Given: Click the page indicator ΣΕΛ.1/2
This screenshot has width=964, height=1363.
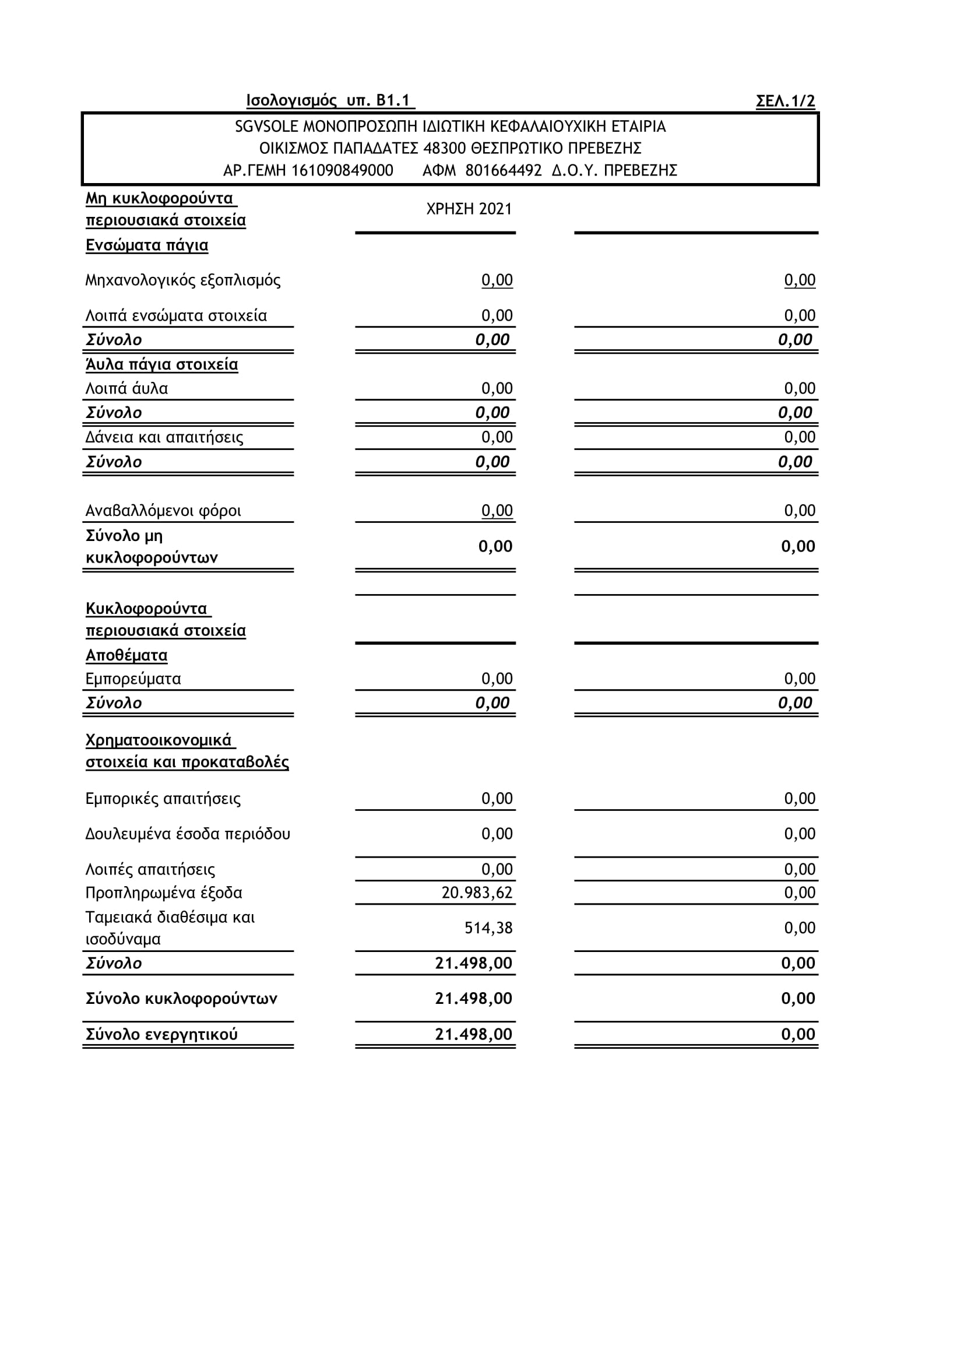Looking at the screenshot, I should (x=784, y=101).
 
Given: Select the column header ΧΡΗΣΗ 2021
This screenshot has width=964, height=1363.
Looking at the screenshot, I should (x=469, y=209).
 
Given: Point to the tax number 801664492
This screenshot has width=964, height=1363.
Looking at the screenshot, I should (x=504, y=171).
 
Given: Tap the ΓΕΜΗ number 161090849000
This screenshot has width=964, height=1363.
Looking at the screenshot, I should (x=342, y=171).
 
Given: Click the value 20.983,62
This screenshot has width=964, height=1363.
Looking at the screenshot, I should (x=477, y=893).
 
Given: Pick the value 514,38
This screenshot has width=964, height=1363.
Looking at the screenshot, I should (x=488, y=928).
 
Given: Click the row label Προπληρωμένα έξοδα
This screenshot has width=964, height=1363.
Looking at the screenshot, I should (x=164, y=893).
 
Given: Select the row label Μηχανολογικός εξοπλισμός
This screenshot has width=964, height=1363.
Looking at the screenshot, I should (x=183, y=280).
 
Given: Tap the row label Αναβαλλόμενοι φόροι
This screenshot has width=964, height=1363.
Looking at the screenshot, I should (x=163, y=511).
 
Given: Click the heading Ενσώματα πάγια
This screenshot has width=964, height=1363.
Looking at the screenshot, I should (x=147, y=246).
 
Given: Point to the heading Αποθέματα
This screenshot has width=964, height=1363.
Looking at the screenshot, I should (x=126, y=655).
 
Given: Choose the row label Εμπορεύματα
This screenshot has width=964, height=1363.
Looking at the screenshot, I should (x=133, y=679).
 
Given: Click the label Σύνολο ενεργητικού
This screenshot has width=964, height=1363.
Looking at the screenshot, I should (x=161, y=1035).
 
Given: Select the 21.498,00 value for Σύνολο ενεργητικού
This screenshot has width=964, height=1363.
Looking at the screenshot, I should (x=473, y=1035).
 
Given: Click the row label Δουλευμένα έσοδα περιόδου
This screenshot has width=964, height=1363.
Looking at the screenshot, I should (x=188, y=834).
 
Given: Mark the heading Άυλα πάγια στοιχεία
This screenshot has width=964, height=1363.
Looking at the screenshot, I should (x=161, y=364).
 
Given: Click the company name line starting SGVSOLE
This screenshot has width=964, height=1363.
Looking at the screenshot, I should (x=450, y=127).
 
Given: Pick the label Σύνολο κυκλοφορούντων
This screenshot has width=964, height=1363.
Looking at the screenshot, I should (x=181, y=999).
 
